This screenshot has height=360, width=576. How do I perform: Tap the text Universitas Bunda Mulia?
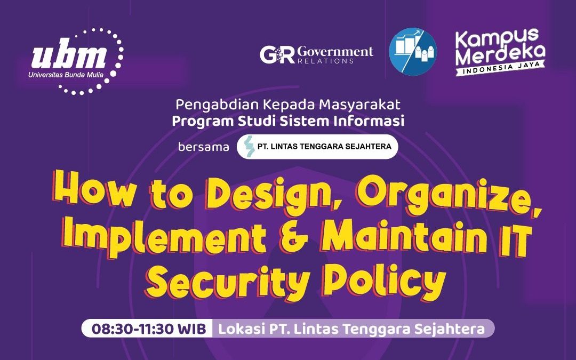coord(66,75)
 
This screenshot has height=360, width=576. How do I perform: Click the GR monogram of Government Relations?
coord(277,55)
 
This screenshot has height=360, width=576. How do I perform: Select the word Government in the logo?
coord(335,52)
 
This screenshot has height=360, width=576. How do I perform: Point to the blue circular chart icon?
coord(413,52)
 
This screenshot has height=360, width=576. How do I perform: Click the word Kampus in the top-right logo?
coord(497,38)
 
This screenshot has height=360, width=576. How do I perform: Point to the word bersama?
coord(204,147)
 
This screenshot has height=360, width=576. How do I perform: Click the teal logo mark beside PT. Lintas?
coord(250,146)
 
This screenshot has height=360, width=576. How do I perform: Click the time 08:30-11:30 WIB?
coord(149,329)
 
